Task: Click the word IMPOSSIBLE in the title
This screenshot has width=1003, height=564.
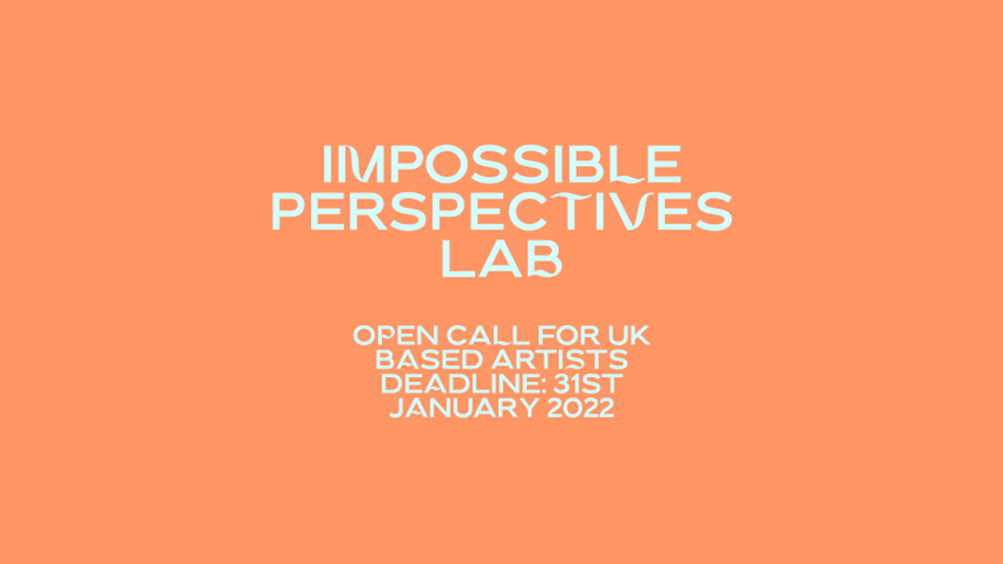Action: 501,165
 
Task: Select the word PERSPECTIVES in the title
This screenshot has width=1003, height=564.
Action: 501,211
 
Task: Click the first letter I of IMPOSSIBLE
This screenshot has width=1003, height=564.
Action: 327,165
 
